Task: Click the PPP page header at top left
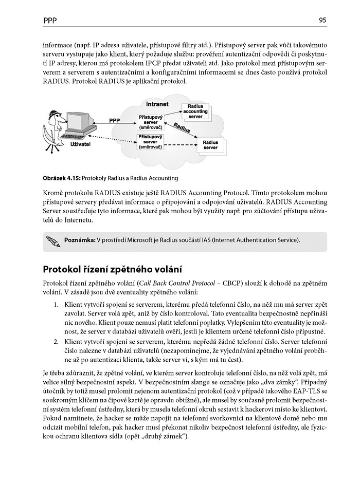point(50,21)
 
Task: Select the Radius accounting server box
point(195,111)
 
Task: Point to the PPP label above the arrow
point(115,120)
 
